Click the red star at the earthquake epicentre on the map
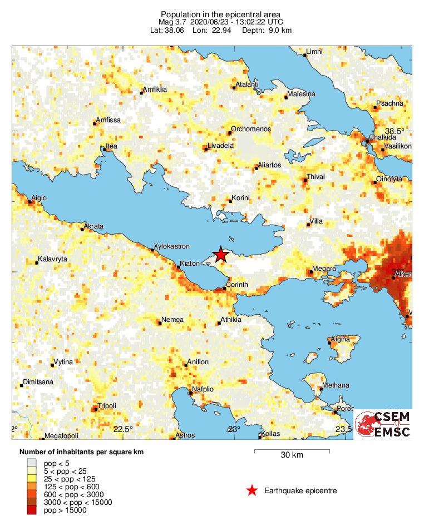point(221,255)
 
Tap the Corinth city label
point(237,285)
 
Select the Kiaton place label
point(191,264)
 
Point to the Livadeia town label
point(220,146)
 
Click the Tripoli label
point(107,406)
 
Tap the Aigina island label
point(341,339)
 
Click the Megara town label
point(324,269)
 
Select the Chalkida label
point(381,137)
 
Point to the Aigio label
point(39,198)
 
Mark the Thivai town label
point(317,177)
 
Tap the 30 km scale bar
point(292,451)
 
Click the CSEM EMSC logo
point(384,425)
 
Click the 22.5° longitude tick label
point(123,429)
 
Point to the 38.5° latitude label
point(395,131)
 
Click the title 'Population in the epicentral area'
point(220,14)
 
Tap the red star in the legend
point(252,490)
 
